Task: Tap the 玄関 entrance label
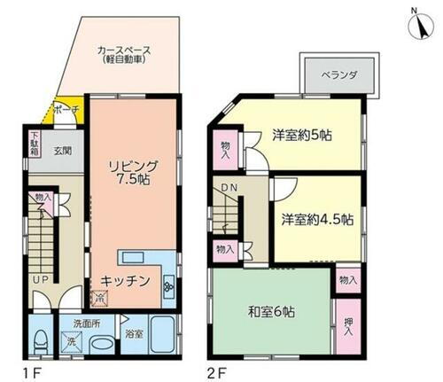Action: [x=62, y=152]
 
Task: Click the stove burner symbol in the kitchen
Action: [x=168, y=285]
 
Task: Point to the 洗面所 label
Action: [x=86, y=325]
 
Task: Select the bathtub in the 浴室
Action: [x=165, y=335]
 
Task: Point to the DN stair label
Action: [x=229, y=188]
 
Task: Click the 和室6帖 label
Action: [x=271, y=313]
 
